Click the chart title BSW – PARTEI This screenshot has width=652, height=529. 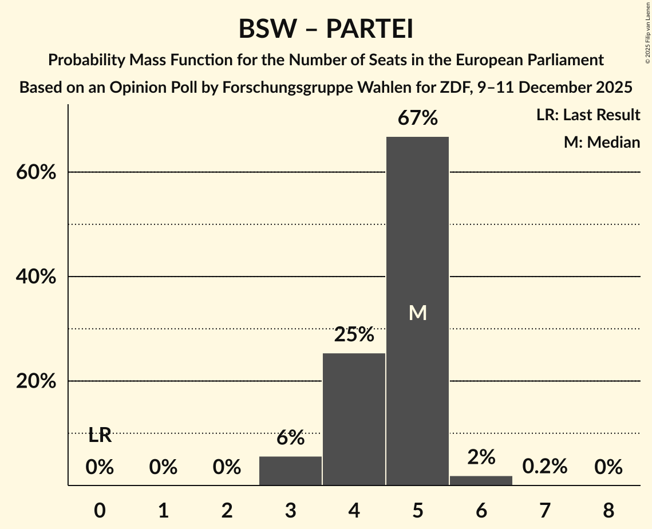326,29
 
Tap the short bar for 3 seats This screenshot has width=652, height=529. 290,471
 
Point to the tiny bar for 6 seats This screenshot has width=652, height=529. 481,480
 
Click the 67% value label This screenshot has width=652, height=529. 418,119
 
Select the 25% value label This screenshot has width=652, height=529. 354,334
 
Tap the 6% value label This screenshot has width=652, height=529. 290,438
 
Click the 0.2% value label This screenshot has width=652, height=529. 544,467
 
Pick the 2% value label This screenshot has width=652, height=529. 481,457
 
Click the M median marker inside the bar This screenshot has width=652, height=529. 418,313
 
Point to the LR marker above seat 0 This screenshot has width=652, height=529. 100,436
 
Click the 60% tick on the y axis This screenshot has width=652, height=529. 36,172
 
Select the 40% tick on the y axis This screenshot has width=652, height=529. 36,277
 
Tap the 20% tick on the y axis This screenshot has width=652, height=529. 36,381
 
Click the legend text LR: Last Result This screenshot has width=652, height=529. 588,115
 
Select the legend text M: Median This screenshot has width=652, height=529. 602,142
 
